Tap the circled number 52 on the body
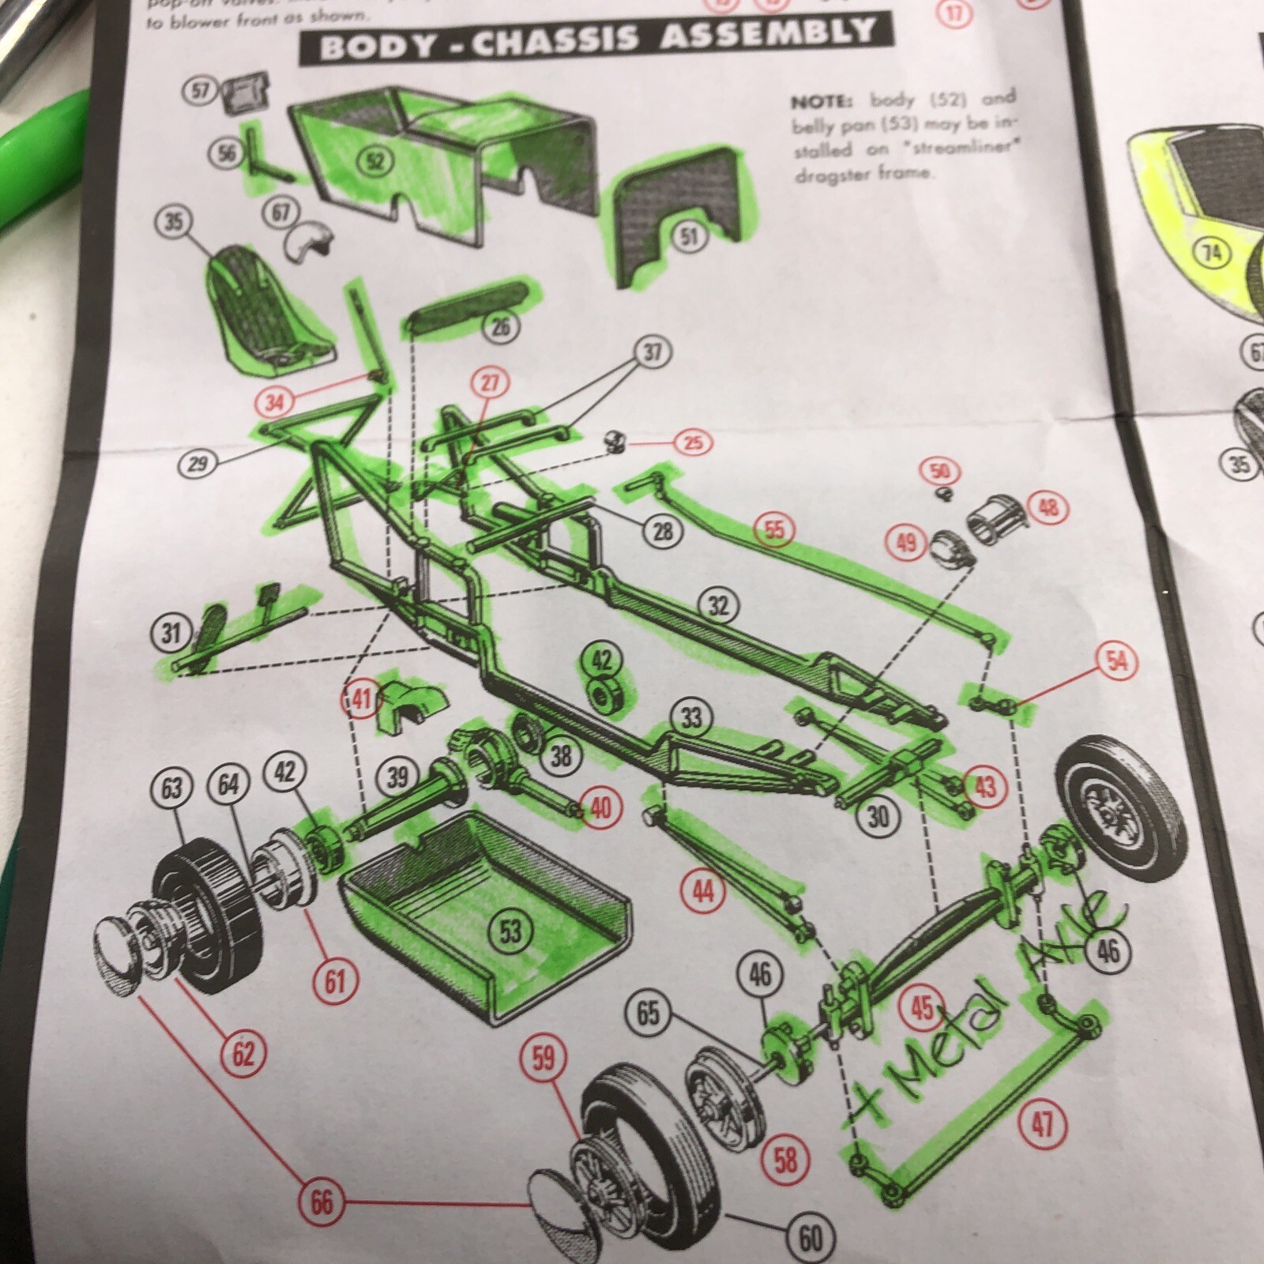tap(375, 161)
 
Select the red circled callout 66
tap(321, 1202)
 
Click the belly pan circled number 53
tap(511, 931)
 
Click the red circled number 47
tap(1042, 1122)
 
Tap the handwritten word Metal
tap(948, 1043)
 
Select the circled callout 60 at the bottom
tap(810, 1238)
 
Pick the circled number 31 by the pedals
tap(171, 633)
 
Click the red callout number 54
tap(1116, 661)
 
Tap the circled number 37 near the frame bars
tap(652, 352)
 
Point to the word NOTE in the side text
tap(821, 103)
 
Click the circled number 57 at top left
tap(201, 91)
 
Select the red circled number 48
tap(1048, 507)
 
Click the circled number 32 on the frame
tap(717, 606)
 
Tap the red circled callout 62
tap(243, 1053)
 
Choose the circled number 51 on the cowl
tap(689, 235)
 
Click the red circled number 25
tap(693, 442)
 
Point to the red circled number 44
tap(702, 892)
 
